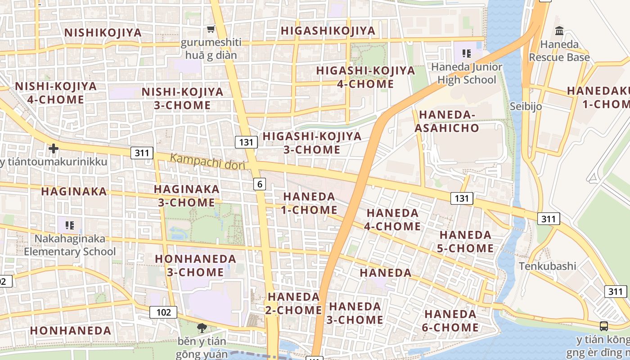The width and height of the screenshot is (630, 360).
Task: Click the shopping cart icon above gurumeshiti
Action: pos(211,30)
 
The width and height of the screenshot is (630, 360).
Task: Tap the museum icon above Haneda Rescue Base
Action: pos(559,31)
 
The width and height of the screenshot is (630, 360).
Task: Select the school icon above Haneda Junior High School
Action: pos(467,54)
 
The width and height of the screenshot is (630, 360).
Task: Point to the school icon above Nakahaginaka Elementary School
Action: pos(69,225)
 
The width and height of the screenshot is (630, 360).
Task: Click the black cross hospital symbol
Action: pos(54,148)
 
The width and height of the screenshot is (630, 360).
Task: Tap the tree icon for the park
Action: pos(202,328)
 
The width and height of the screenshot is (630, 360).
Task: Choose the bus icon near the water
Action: pos(604,326)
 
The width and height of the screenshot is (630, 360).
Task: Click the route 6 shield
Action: pos(260,184)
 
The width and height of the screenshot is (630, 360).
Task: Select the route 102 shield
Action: pos(163,312)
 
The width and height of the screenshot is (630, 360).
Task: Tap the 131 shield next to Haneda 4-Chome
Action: pos(462,198)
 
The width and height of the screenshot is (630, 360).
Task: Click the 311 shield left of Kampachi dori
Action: pos(142,153)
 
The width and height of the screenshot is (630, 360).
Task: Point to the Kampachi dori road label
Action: pos(207,162)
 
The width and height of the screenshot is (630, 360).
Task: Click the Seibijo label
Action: pos(526,107)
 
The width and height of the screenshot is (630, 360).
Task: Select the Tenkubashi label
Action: pos(547,266)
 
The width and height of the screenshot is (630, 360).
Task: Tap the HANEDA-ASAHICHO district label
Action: pos(447,121)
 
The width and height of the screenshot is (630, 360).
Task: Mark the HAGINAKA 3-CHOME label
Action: pos(187,196)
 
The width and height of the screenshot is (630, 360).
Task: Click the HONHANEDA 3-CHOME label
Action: pos(195,265)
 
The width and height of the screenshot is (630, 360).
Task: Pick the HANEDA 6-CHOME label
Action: pos(450,320)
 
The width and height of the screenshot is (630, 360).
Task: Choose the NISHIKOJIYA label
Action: pos(103,32)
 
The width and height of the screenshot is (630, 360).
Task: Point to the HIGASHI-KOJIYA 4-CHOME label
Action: pos(365,77)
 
